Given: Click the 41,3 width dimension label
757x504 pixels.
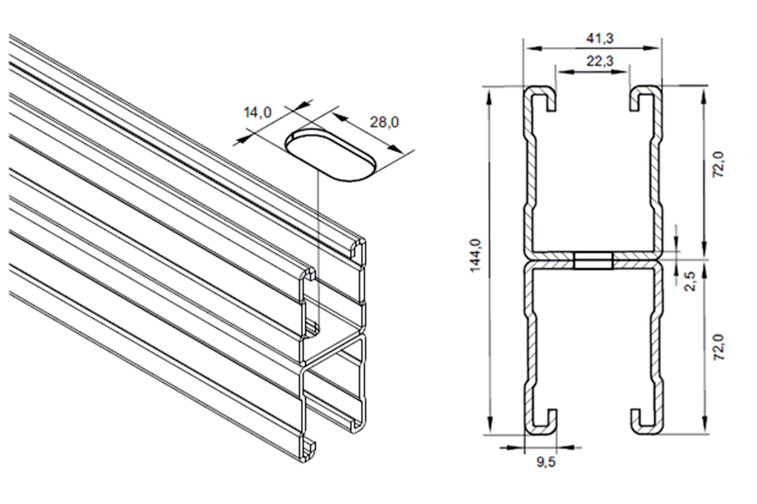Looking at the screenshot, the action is [x=600, y=38].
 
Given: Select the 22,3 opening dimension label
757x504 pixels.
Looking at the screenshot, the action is [x=600, y=61].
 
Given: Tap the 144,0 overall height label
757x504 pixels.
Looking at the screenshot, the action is [x=476, y=255].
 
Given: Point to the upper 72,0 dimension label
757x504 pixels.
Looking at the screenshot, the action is [x=719, y=164].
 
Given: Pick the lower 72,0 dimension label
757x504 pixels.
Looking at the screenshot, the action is [x=719, y=347].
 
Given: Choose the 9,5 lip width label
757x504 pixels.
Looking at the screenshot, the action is [x=546, y=462].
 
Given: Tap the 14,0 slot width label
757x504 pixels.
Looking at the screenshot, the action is [x=257, y=112].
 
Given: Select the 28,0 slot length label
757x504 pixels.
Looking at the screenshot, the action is [x=384, y=122].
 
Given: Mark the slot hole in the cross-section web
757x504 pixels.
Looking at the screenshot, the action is [x=593, y=261].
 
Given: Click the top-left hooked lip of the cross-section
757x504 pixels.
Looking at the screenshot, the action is [x=540, y=98].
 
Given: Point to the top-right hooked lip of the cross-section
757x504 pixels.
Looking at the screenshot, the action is [x=645, y=98].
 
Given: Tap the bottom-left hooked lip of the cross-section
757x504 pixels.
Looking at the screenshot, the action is [x=540, y=421].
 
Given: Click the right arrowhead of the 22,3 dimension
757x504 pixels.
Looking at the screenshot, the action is [x=621, y=71].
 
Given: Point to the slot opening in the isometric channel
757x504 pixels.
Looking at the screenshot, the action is [x=312, y=329].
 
